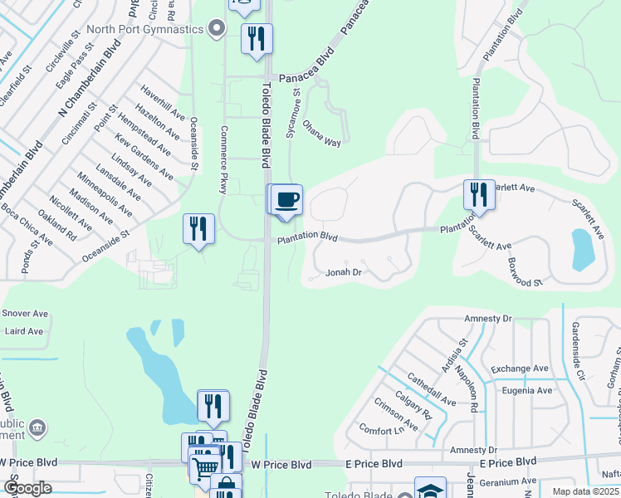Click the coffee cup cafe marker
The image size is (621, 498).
coord(287,199)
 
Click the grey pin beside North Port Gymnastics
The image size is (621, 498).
coord(217,30)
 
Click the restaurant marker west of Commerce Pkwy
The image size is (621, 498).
coord(198,228)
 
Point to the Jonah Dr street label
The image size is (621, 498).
coord(344,271)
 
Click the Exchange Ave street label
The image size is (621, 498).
coord(520,369)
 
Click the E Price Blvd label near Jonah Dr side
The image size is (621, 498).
coord(376,463)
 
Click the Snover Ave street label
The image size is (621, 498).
coord(27,313)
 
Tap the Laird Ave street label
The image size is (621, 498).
coord(24,331)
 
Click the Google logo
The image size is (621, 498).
coord(28,488)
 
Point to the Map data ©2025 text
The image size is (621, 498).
coord(584,491)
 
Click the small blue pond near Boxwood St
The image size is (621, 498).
coord(583,248)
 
